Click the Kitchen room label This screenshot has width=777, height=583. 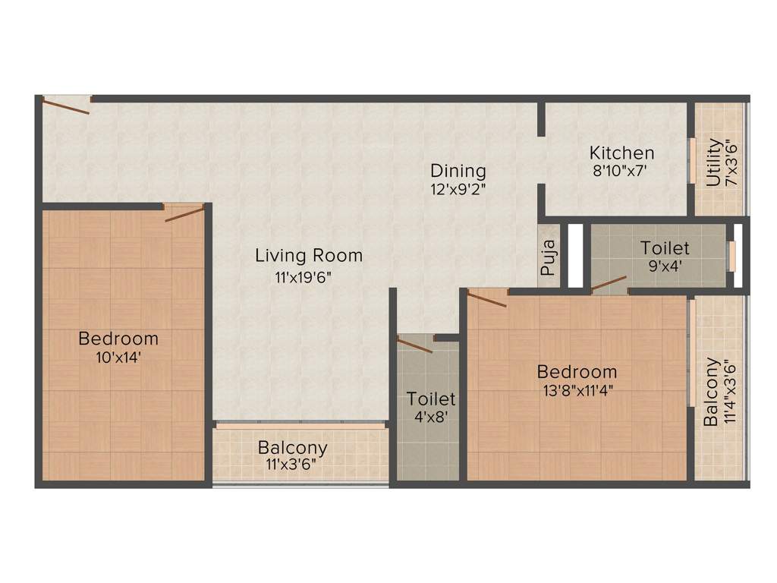coord(621,153)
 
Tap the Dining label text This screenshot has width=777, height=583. coord(458,171)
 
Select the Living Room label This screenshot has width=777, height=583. coord(308,256)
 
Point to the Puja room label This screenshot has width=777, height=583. coord(549,257)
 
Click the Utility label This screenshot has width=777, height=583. coord(713,162)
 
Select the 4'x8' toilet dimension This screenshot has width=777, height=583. coord(430,417)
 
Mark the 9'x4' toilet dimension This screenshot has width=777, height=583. coord(665,266)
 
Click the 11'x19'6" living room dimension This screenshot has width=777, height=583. coord(304,277)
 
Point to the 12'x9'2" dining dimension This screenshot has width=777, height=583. coord(458,190)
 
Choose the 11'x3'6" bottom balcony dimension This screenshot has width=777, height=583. coord(292,465)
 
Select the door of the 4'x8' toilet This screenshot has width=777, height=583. coord(414,345)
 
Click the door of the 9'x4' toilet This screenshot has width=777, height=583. coord(609,285)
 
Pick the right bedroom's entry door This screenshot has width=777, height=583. coord(486,298)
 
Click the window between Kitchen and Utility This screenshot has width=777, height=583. coord(692,159)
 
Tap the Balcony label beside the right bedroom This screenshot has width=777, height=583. coord(711,391)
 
